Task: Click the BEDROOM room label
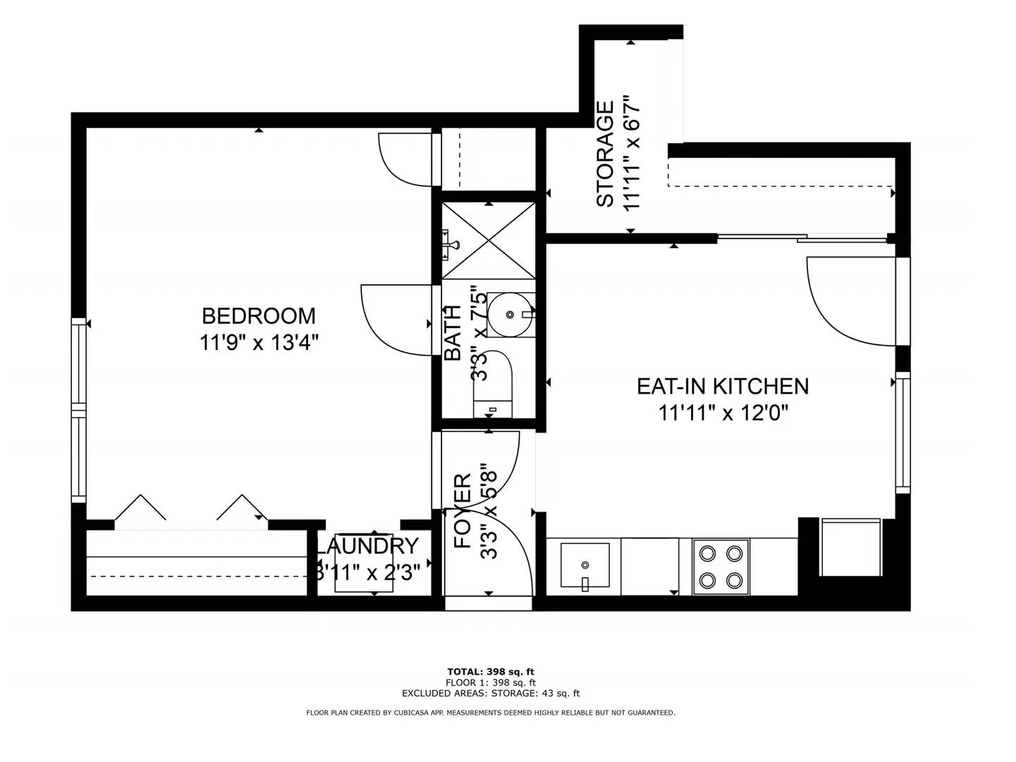coord(258,315)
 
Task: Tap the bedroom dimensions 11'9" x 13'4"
coord(258,343)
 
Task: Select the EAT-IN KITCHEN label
coord(722,386)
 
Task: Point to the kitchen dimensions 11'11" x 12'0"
coord(722,412)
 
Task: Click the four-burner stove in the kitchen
coord(720,567)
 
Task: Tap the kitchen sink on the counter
coord(584,565)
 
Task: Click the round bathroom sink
coord(510,314)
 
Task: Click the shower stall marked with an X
coord(489,240)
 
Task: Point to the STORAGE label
coord(605,154)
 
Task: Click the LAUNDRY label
coord(367,546)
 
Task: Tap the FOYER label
coord(462,511)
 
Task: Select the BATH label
coord(452,332)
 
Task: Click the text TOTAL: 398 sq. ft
coord(491,672)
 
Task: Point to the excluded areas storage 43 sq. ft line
coord(491,694)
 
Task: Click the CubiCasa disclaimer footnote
coord(491,713)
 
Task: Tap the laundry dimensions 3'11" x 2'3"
coord(367,571)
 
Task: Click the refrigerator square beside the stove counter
coord(850,548)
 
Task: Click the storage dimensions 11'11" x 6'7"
coord(632,154)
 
